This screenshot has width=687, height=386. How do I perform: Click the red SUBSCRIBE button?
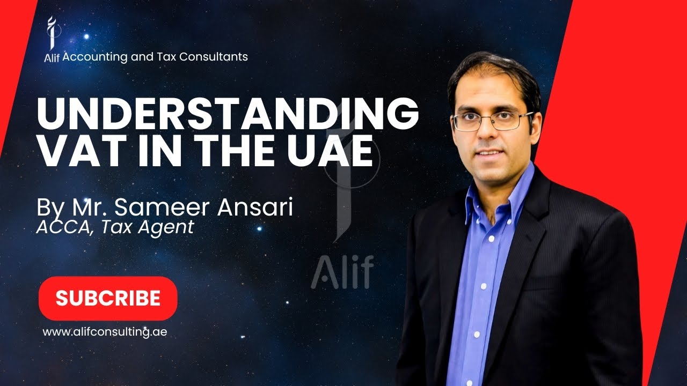[108, 299]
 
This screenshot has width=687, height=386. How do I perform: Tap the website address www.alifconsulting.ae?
[105, 332]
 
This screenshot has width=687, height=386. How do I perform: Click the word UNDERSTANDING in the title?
[227, 114]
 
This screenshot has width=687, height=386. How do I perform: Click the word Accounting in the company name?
[94, 56]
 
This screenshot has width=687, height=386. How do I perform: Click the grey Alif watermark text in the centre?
[342, 272]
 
